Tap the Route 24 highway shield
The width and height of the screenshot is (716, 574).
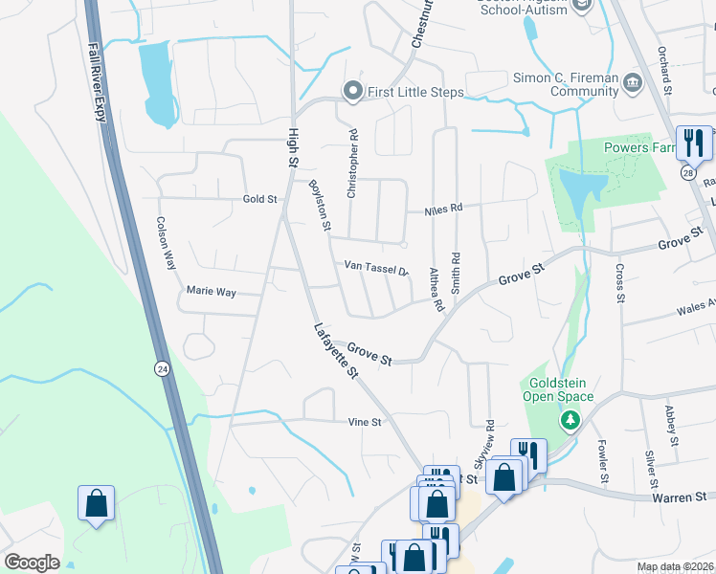(x=161, y=366)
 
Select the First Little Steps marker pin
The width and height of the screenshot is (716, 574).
(x=352, y=92)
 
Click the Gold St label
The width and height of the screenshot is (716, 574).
(x=258, y=199)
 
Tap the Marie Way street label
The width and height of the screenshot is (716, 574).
(x=211, y=290)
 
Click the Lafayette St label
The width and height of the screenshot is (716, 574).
(x=336, y=351)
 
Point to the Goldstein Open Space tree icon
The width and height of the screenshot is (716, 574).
(x=570, y=420)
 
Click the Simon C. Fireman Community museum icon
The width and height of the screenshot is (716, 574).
(x=632, y=84)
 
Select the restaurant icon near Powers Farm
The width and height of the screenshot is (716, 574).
(x=691, y=143)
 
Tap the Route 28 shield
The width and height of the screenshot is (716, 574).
(x=687, y=172)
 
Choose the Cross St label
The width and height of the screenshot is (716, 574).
(x=620, y=283)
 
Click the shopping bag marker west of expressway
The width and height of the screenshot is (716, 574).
(x=96, y=502)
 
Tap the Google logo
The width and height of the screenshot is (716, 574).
(x=33, y=563)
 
